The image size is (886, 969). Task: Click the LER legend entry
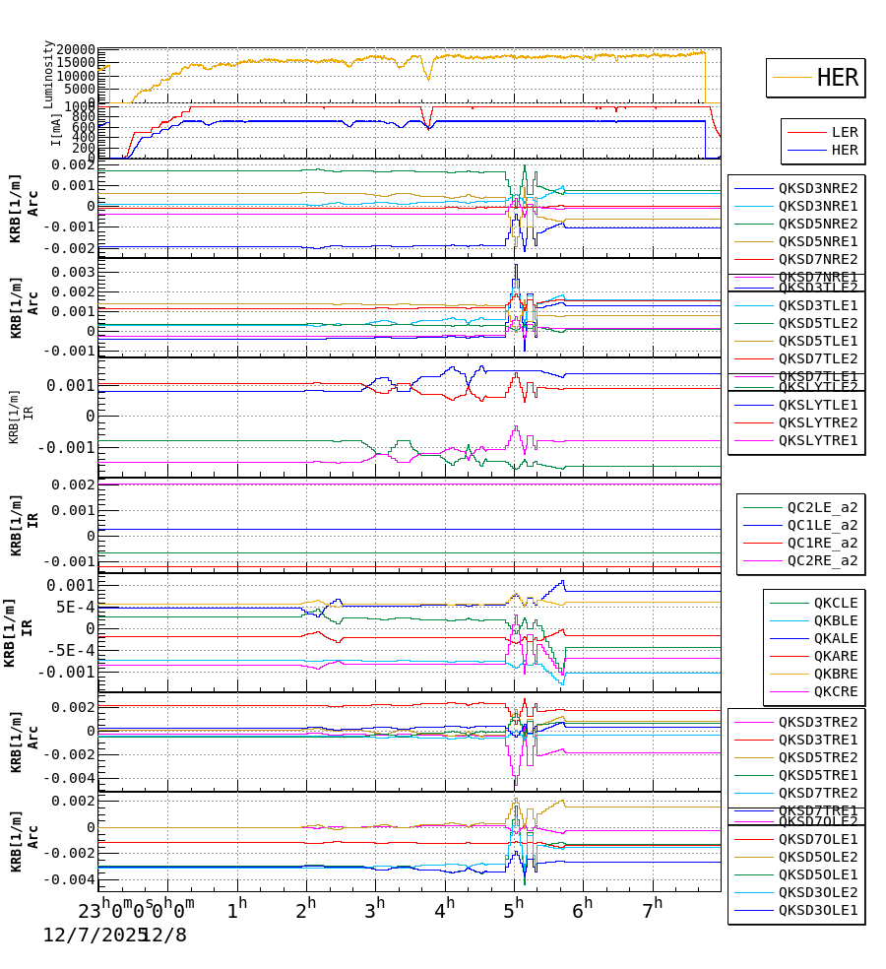[844, 132]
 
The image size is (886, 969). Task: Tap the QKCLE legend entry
[835, 603]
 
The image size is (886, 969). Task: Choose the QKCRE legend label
[835, 691]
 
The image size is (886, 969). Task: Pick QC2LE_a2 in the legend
[821, 507]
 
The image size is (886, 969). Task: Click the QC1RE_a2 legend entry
[821, 543]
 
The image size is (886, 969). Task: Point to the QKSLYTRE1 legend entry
[817, 440]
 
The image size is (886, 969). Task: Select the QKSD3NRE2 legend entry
[817, 188]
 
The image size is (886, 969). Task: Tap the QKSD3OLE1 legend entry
[817, 910]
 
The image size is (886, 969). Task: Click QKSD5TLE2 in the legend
[817, 323]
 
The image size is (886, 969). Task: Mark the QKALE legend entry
[835, 638]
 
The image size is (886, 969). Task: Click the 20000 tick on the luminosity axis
[76, 50]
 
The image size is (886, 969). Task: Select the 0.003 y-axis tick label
[76, 272]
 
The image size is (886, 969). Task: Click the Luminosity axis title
[48, 73]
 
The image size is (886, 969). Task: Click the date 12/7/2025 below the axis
[88, 935]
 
